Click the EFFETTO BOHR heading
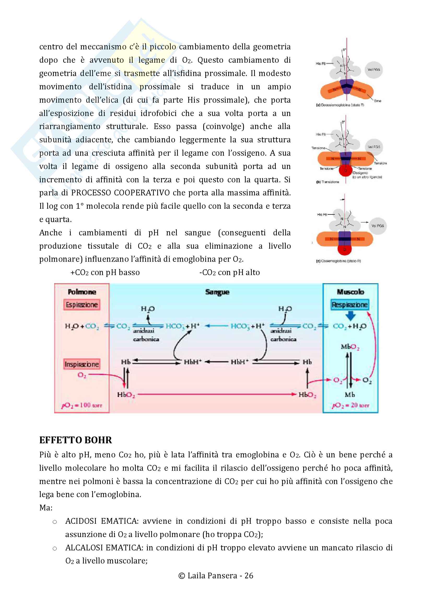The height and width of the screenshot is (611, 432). click(x=75, y=440)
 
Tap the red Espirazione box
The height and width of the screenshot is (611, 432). click(x=82, y=305)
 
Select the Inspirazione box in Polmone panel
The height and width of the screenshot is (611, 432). click(x=82, y=364)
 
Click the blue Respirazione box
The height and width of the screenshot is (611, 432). click(x=350, y=305)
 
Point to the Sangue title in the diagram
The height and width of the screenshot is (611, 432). click(x=217, y=292)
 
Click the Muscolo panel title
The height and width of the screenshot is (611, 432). click(x=350, y=292)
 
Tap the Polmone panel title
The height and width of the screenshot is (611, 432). click(x=82, y=292)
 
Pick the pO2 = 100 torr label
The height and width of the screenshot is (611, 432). click(x=82, y=405)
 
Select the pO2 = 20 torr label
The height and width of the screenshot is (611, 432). click(x=350, y=405)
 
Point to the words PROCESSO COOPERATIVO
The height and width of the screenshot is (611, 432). click(x=120, y=193)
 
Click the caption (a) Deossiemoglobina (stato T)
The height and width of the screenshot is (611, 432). click(x=340, y=105)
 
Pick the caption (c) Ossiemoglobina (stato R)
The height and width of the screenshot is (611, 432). click(x=338, y=261)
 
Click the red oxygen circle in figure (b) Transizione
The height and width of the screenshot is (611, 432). click(x=345, y=170)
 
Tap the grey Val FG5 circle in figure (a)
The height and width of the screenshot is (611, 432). click(x=373, y=70)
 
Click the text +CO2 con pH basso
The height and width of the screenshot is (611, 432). click(x=105, y=272)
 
